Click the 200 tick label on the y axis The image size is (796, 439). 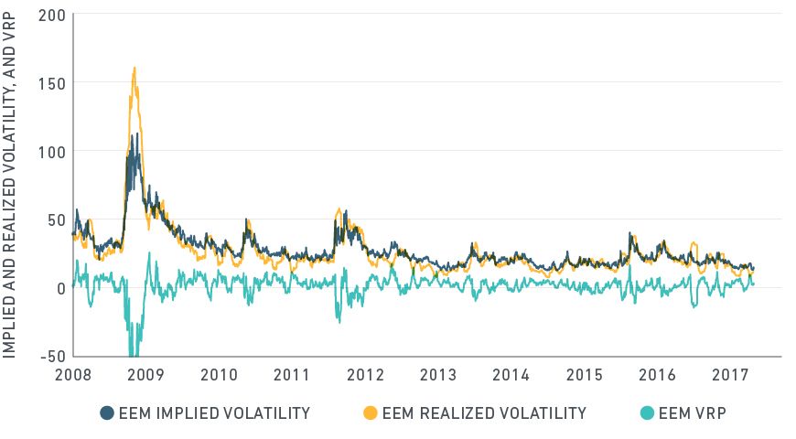[x=53, y=14]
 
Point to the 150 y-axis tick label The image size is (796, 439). [x=53, y=82]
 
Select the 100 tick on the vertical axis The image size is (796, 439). [x=53, y=151]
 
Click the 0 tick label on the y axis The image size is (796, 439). [x=60, y=288]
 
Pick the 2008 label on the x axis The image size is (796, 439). [x=72, y=375]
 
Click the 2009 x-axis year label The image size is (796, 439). [x=145, y=375]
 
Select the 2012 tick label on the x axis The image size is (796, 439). [x=364, y=375]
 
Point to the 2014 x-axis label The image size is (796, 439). [x=511, y=375]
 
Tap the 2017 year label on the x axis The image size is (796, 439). [x=728, y=375]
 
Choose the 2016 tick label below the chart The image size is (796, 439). [x=656, y=375]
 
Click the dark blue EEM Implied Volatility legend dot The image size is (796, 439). [x=106, y=413]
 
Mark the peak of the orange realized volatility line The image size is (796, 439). [x=134, y=68]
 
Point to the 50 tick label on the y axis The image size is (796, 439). [x=57, y=219]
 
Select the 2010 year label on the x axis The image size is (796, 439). [x=219, y=375]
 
